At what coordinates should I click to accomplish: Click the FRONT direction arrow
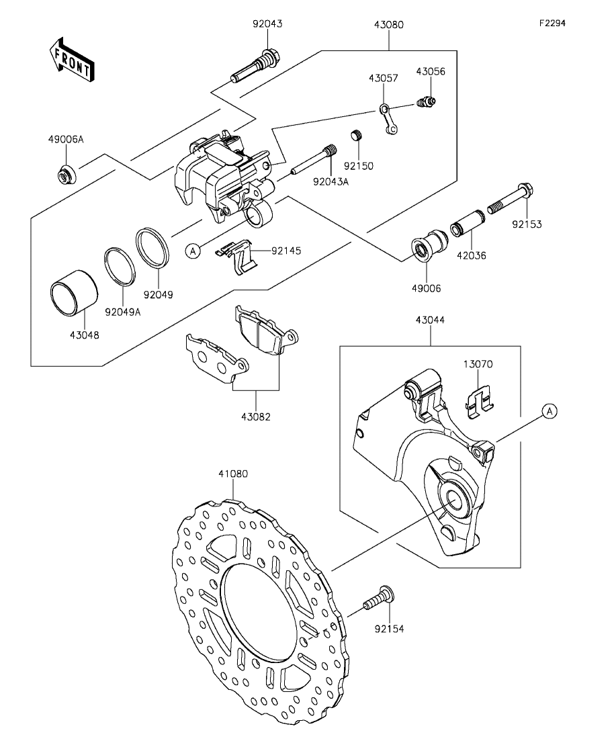(x=71, y=58)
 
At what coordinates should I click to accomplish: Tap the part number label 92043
(x=267, y=24)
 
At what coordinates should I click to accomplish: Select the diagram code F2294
(x=553, y=23)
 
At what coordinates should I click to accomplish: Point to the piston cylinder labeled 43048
(x=75, y=292)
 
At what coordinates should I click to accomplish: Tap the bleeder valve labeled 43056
(x=427, y=101)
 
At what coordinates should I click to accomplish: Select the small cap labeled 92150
(x=357, y=136)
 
